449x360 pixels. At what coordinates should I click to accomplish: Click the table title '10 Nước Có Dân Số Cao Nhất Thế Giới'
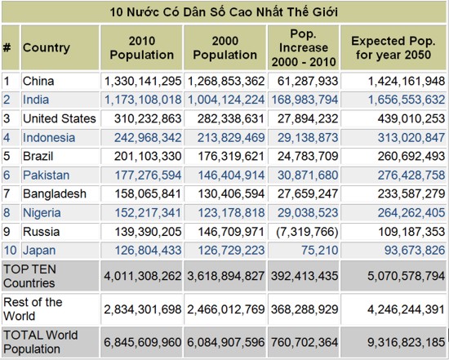224,12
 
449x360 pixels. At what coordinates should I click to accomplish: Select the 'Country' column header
47,47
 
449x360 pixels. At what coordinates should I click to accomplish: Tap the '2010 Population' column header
142,48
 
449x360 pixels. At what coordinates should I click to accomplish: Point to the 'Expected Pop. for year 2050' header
393,48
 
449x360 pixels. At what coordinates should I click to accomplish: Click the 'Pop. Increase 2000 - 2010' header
304,48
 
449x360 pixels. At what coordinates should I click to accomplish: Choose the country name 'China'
38,81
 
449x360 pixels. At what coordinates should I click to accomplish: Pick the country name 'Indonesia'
49,138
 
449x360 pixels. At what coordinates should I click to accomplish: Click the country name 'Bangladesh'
55,194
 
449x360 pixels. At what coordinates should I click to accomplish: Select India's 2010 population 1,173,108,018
143,100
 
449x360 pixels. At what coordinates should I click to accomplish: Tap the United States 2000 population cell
230,118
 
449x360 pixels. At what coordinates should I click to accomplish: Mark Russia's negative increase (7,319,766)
307,232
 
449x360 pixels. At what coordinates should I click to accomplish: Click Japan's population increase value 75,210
319,251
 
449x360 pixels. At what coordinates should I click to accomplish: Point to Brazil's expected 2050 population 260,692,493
411,157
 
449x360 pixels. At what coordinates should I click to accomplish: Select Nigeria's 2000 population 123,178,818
231,213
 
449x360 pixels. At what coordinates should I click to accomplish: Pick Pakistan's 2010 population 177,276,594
148,176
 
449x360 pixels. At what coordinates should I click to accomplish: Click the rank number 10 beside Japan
10,251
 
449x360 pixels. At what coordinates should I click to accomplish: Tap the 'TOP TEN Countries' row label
29,276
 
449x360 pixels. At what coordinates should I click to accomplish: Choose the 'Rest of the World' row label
33,309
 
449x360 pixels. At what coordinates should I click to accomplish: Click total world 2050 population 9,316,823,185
406,343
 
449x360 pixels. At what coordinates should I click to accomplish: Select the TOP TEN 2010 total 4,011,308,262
143,276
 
